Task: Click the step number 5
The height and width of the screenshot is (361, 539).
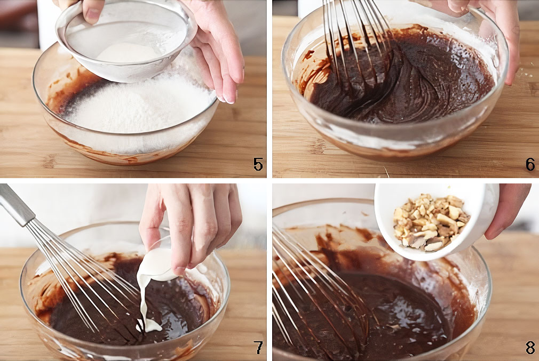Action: coord(258,164)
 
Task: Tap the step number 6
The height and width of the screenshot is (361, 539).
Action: coord(530,164)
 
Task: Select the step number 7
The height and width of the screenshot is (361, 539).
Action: coord(258,347)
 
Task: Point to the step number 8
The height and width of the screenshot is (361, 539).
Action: coord(530,347)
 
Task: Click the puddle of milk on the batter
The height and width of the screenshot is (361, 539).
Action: coord(149,325)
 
